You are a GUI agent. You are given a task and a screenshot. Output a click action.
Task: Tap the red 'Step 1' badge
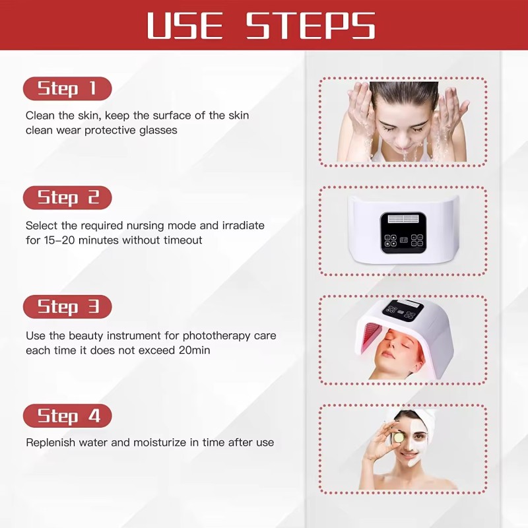67,88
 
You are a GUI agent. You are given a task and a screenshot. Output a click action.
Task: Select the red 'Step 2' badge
67,197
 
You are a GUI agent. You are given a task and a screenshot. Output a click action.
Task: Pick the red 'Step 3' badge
67,307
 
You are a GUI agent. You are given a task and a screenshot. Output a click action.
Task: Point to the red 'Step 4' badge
67,416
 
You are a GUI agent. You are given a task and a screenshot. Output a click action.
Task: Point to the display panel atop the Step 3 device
401,308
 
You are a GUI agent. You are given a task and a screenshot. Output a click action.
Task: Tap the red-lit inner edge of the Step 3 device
364,340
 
